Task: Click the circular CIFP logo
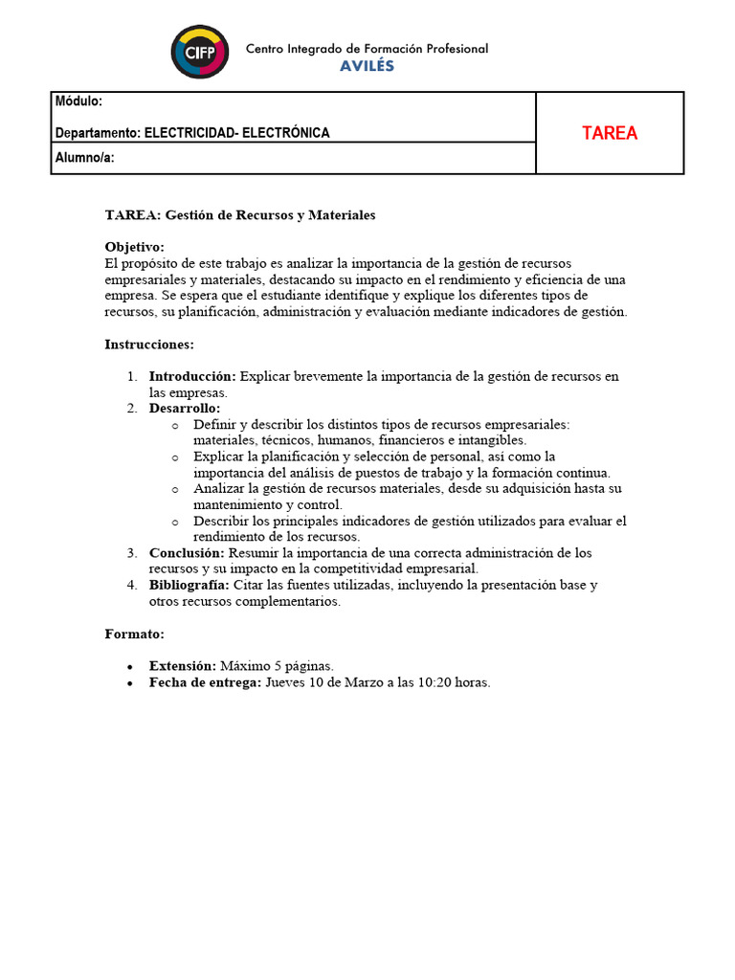click(200, 52)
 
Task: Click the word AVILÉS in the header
click(367, 66)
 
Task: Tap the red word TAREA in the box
click(610, 133)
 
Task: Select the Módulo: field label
click(78, 101)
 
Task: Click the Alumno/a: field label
click(85, 158)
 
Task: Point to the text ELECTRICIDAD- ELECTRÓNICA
click(236, 133)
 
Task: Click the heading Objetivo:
click(134, 247)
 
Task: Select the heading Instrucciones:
click(148, 344)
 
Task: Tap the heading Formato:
click(134, 634)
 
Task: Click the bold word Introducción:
click(192, 377)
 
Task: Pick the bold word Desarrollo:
click(184, 409)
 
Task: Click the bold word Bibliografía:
click(189, 585)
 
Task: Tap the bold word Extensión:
click(183, 666)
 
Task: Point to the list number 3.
click(132, 553)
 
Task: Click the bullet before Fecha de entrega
click(130, 683)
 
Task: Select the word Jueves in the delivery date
click(285, 682)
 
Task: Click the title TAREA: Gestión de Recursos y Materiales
click(239, 215)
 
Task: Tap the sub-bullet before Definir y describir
click(174, 425)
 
